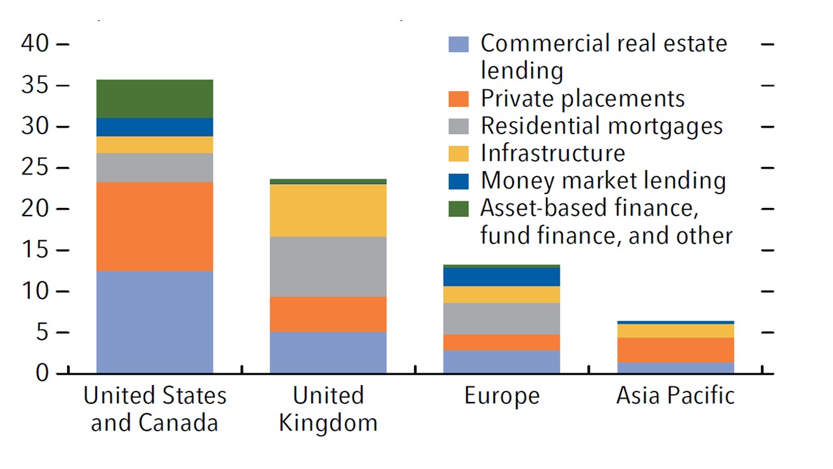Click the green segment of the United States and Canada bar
click(154, 98)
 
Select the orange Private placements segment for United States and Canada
click(154, 226)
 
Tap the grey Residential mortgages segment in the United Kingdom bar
click(328, 266)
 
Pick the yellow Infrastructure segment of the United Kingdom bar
click(328, 210)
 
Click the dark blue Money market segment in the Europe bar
click(501, 277)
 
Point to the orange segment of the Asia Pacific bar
click(676, 350)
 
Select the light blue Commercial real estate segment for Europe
click(501, 362)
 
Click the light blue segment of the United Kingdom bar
click(328, 352)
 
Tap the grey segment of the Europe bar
click(501, 319)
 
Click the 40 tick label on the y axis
click(35, 44)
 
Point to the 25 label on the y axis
click(35, 167)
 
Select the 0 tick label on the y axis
click(43, 373)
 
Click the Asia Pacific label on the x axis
click(676, 395)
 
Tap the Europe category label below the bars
click(502, 395)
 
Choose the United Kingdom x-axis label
click(328, 408)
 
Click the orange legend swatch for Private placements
click(458, 99)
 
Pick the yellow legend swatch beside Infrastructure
click(458, 154)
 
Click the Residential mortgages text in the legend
click(601, 126)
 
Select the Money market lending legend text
click(603, 180)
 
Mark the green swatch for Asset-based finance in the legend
click(458, 208)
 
